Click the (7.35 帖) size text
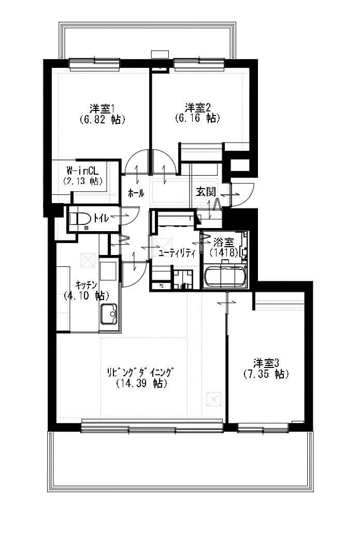(266, 374)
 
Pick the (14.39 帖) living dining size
(141, 383)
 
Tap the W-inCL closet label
(82, 171)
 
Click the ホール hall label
(136, 193)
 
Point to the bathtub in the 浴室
(225, 276)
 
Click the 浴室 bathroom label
(224, 243)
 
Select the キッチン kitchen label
(86, 285)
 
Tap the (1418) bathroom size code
(223, 252)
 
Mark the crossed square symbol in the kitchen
(88, 260)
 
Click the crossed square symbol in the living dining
(214, 399)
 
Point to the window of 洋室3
(263, 428)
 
